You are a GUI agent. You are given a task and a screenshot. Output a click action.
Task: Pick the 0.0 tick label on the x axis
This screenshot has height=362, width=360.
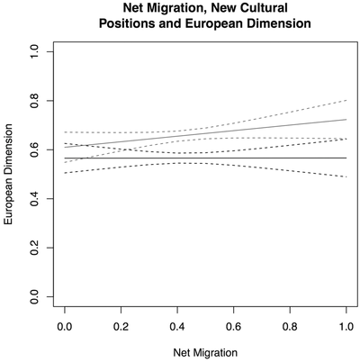65,321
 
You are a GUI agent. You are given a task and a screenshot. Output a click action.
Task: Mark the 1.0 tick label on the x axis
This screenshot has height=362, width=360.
346,321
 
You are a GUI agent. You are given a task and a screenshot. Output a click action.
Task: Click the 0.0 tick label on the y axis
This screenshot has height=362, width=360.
35,294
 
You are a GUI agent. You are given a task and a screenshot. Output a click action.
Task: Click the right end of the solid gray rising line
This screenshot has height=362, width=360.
346,119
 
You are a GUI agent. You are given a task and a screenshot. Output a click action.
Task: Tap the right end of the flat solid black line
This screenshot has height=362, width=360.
346,158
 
